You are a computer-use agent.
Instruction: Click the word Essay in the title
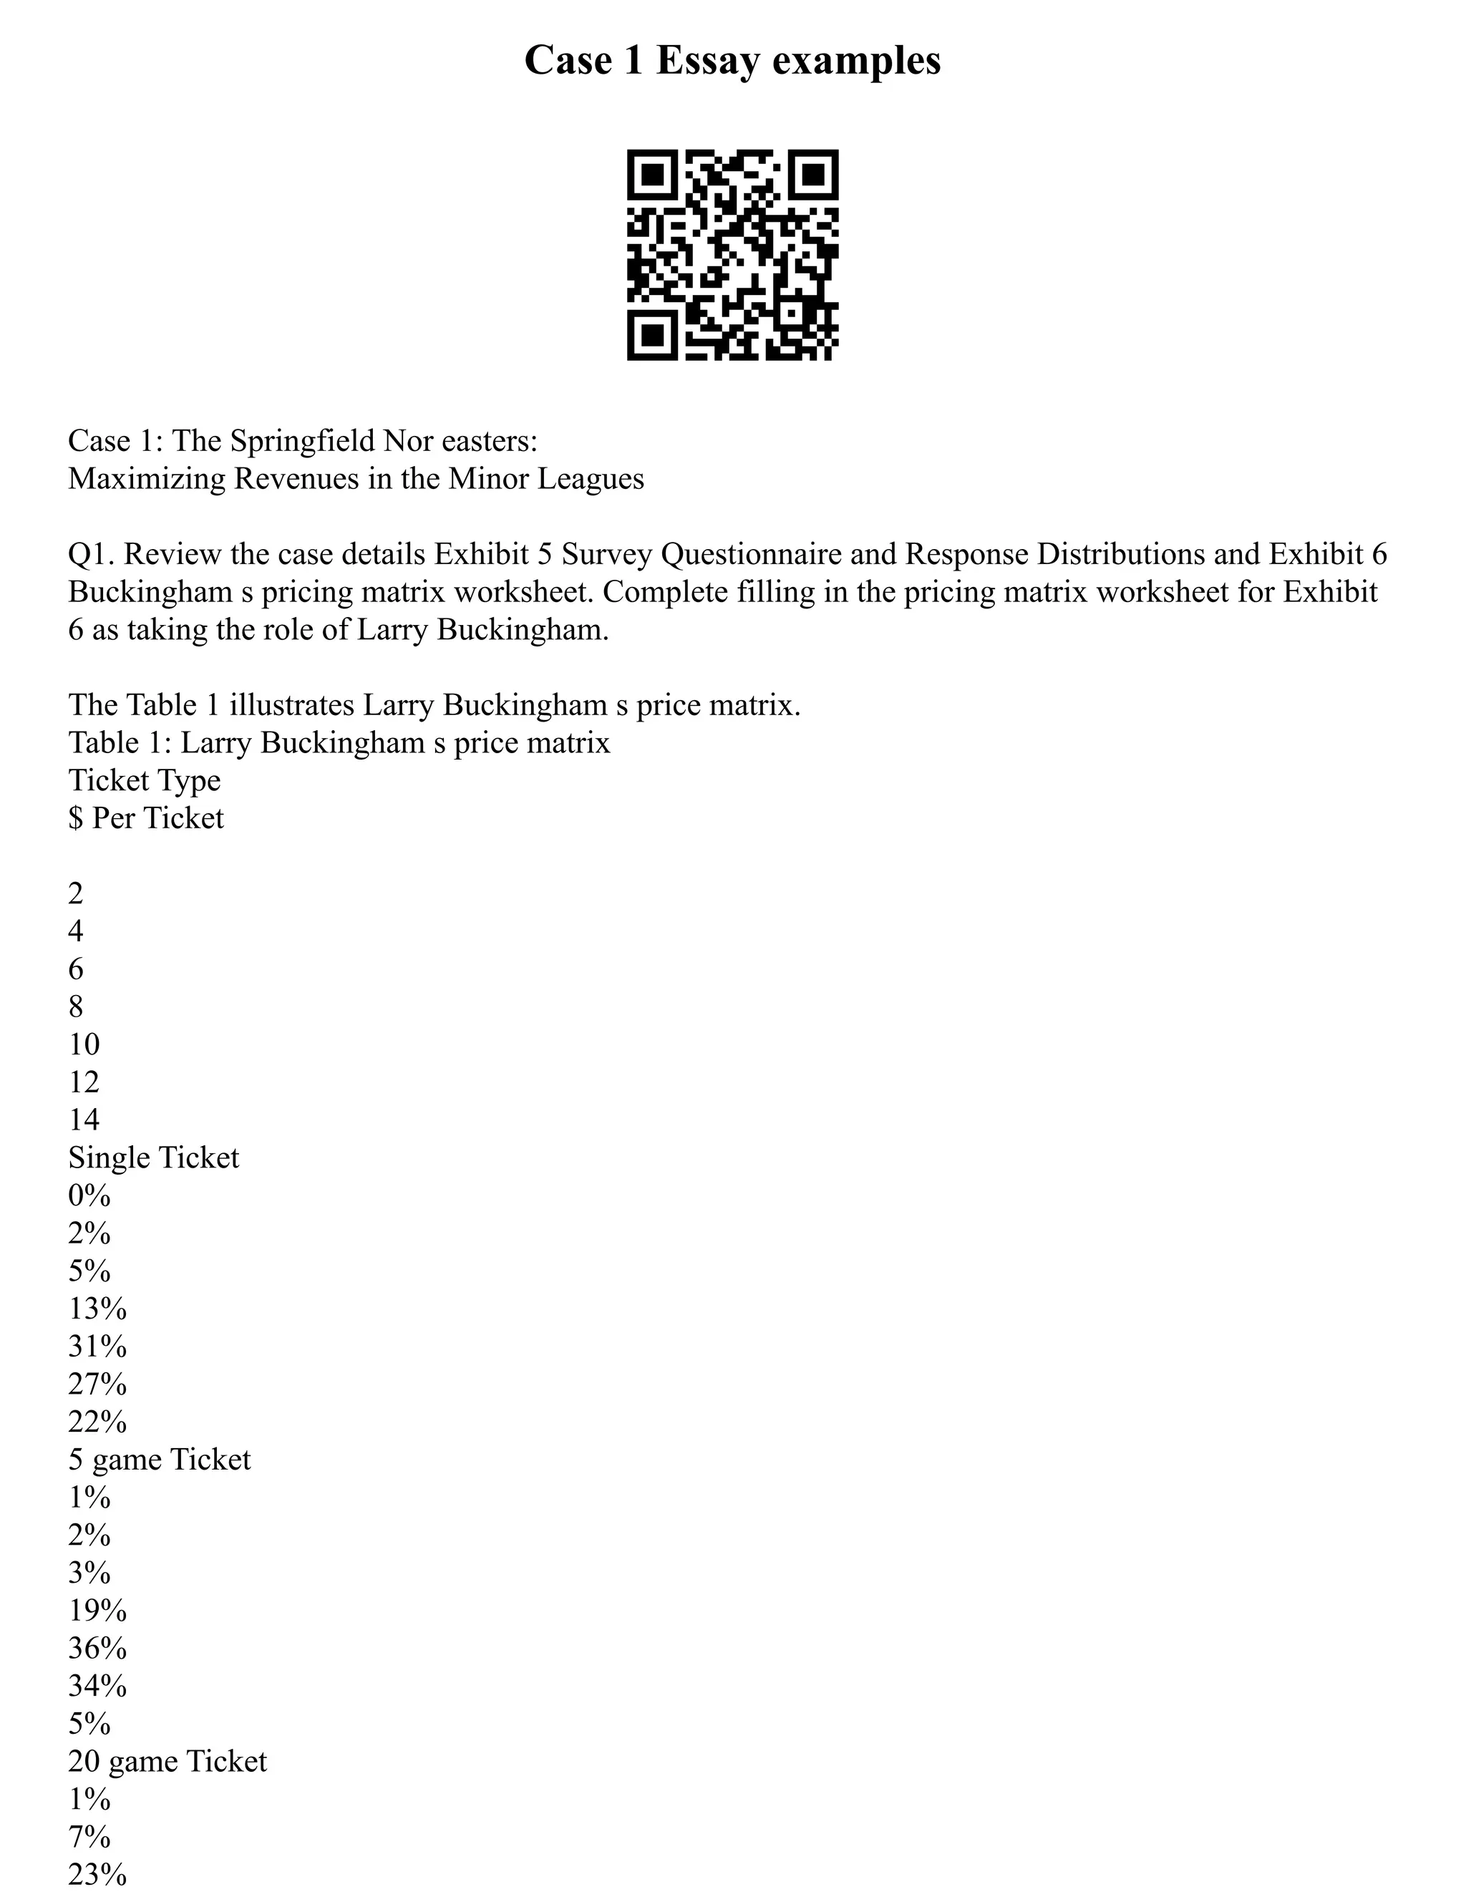tap(706, 61)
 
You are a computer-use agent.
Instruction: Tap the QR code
tap(732, 255)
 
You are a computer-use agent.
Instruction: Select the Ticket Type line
tap(144, 780)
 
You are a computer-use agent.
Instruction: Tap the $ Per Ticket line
tap(146, 818)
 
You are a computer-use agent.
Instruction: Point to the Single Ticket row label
tap(154, 1158)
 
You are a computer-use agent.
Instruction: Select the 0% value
tap(89, 1196)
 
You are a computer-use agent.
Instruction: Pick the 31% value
tap(97, 1347)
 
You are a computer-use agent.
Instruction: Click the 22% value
tap(97, 1422)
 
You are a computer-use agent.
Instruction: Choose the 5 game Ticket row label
tap(159, 1460)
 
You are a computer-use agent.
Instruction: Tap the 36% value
tap(97, 1649)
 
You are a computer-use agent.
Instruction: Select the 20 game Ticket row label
tap(168, 1762)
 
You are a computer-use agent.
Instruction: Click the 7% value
tap(89, 1837)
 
